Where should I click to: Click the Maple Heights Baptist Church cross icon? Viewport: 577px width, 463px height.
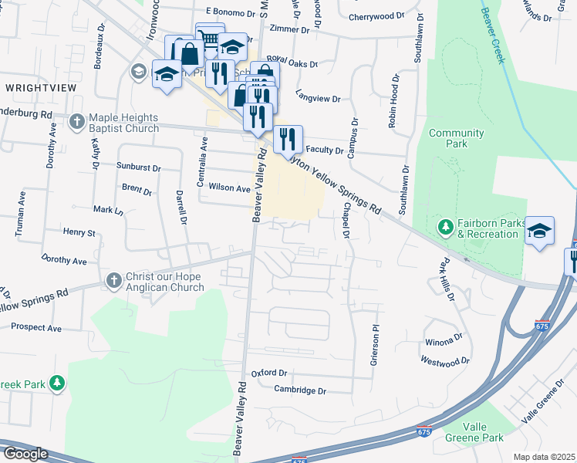click(x=77, y=122)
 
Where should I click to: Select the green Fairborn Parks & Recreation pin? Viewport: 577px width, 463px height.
click(x=444, y=227)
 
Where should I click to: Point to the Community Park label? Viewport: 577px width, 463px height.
click(x=456, y=138)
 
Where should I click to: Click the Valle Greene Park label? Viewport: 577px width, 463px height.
click(x=474, y=432)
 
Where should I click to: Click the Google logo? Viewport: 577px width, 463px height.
click(x=25, y=454)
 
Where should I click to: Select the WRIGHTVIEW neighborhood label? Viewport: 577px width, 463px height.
click(x=40, y=88)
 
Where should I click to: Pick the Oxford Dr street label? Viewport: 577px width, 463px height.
click(x=268, y=373)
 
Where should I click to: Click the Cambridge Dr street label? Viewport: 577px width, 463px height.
click(x=300, y=390)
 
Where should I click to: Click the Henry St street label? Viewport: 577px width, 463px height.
click(x=79, y=232)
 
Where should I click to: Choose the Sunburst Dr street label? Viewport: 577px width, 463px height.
click(x=139, y=167)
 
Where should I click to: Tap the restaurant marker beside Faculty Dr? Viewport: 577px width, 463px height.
click(x=288, y=139)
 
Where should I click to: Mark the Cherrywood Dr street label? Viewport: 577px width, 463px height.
click(x=376, y=15)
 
